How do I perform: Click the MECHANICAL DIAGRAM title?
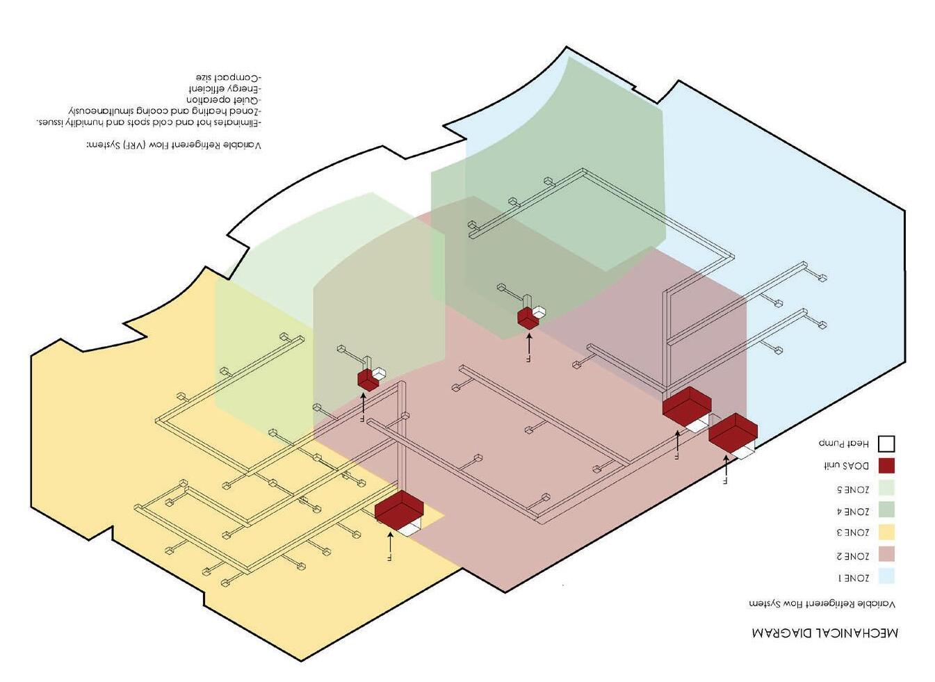824,633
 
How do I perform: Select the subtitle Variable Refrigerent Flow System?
822,603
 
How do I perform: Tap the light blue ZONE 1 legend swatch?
886,576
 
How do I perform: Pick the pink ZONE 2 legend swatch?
886,555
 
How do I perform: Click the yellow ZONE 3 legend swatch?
886,533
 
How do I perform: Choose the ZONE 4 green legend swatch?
886,510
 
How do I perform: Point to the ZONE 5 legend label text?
852,489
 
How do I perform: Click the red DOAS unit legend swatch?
886,466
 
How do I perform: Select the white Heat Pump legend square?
886,444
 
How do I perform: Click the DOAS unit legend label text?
846,466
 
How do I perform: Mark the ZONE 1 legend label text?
852,578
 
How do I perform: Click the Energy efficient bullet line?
225,89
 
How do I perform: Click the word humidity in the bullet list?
105,122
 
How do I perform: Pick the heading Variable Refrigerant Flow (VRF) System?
173,145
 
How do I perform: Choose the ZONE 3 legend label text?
852,533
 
